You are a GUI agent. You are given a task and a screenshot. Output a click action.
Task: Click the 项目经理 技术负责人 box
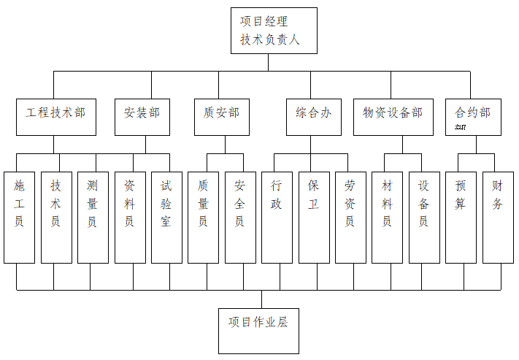[x=274, y=31]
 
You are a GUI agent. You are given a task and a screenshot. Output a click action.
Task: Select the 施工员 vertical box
[x=19, y=217]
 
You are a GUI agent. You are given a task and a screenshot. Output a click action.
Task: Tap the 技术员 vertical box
[x=56, y=217]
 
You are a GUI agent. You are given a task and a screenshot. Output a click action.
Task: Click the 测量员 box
[x=93, y=217]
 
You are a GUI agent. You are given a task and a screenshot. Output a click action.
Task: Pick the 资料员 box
[x=130, y=217]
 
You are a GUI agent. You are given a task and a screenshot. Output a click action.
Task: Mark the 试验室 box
[x=166, y=217]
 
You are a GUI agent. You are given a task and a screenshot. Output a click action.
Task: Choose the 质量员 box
[x=203, y=217]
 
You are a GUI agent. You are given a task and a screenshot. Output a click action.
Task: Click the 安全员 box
[x=240, y=217]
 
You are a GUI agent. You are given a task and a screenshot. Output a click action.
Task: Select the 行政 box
[x=277, y=217]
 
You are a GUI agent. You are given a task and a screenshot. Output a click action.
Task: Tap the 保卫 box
[x=314, y=217]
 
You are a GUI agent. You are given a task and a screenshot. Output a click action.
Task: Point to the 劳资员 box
[x=350, y=217]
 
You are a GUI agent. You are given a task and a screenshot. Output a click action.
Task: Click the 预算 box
[x=461, y=217]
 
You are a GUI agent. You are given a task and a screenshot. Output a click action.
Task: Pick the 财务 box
[x=498, y=217]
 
